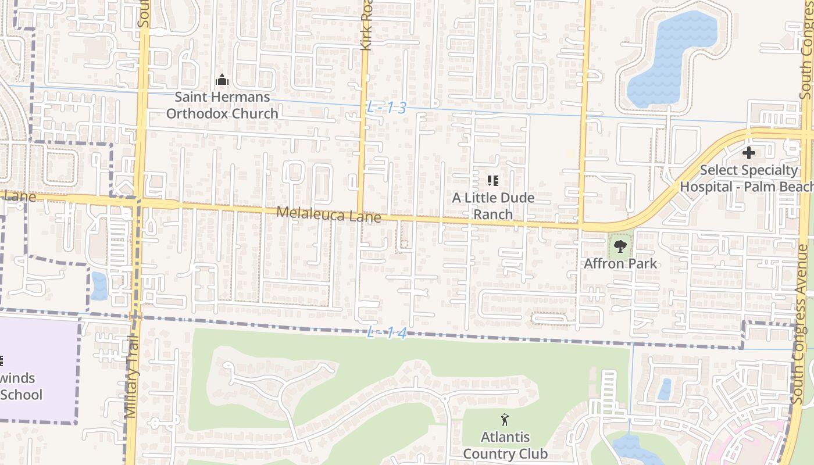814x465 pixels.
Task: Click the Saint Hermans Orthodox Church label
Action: click(222, 105)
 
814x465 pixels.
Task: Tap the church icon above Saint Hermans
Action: click(222, 80)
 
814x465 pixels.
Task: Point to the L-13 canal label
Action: click(387, 108)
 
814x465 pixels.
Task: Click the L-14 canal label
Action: click(387, 334)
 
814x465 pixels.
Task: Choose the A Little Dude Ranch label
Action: click(493, 206)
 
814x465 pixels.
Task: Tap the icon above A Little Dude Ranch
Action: click(493, 181)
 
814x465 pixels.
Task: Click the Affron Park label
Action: click(620, 263)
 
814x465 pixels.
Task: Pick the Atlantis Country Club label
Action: click(505, 445)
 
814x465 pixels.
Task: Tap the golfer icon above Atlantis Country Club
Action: click(505, 419)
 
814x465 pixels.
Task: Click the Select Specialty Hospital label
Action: click(748, 178)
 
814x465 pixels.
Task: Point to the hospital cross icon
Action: click(749, 153)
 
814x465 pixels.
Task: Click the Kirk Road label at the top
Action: click(366, 26)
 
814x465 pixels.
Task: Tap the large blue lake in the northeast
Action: click(674, 58)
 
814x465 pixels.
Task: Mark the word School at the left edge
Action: click(21, 395)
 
